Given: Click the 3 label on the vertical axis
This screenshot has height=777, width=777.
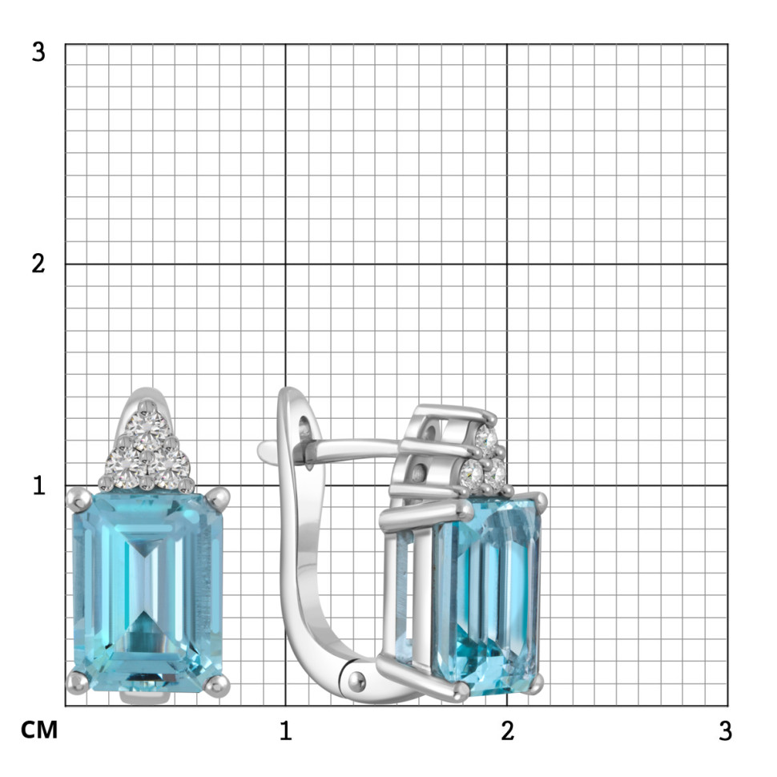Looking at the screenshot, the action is coord(38,51).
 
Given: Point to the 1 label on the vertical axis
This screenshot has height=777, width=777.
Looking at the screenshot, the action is coord(38,485).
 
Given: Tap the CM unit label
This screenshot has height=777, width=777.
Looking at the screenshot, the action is coord(39,730).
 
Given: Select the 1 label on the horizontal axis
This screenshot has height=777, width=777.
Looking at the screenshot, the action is coord(285,731).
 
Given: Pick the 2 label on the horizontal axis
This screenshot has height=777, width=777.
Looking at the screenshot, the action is coord(507,731).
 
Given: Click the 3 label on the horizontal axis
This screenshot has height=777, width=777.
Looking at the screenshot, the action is coord(725,731).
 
